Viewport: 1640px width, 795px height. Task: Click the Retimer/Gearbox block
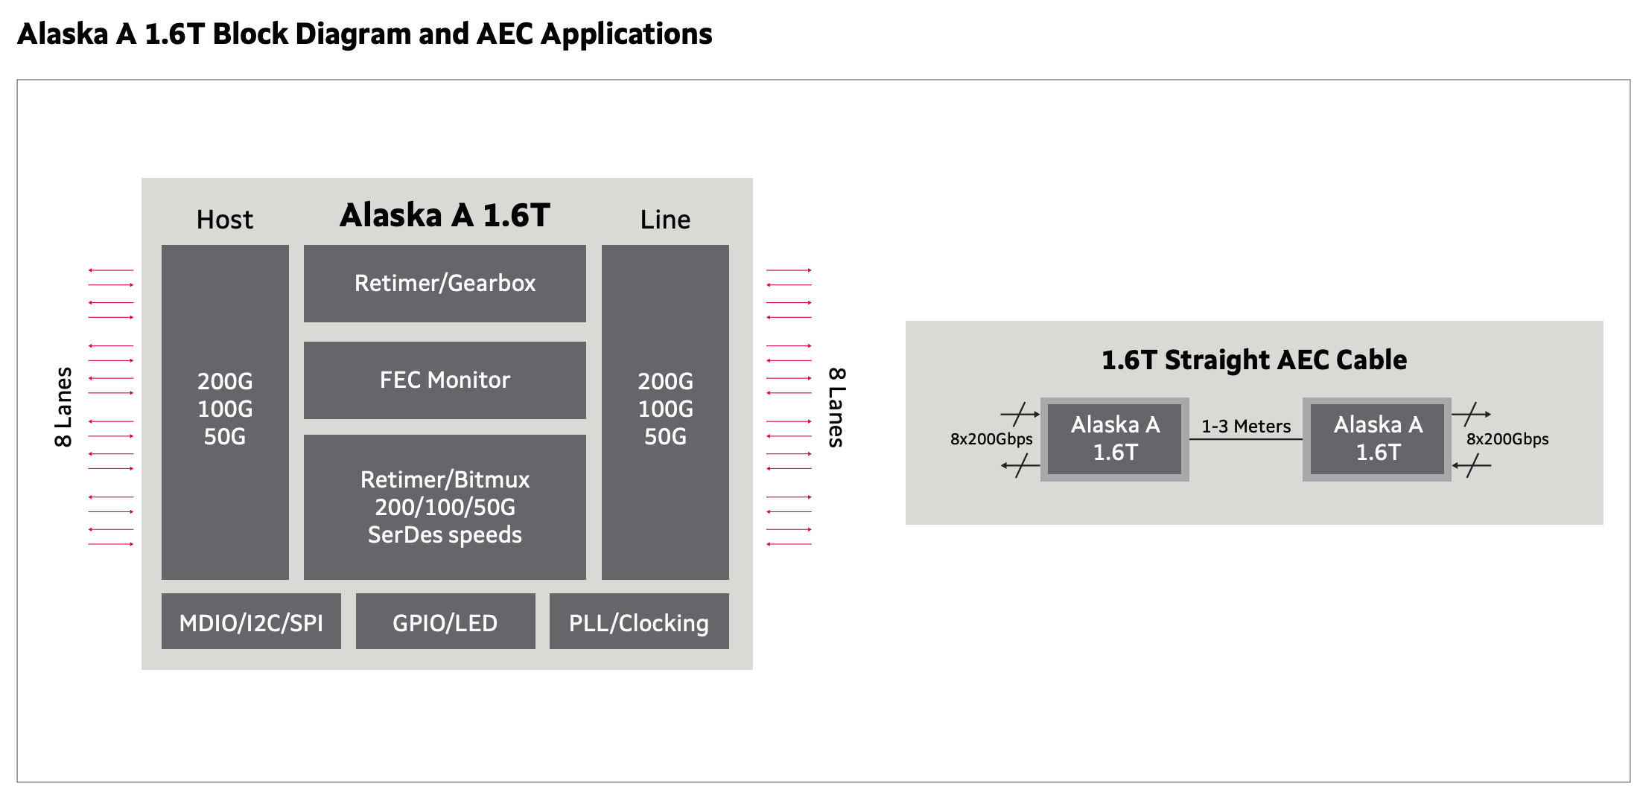coord(445,284)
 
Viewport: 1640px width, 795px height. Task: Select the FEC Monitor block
coord(445,380)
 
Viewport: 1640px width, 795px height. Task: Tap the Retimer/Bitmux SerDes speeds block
coord(445,507)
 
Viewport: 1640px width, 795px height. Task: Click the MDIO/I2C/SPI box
coord(251,622)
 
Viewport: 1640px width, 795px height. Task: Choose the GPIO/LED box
coord(445,622)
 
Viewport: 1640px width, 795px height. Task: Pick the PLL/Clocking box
coord(639,622)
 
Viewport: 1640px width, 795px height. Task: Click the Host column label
coord(225,220)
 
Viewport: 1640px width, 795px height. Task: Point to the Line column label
coord(665,220)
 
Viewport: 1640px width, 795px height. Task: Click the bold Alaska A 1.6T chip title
coord(445,215)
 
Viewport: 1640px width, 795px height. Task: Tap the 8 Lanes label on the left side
coord(64,406)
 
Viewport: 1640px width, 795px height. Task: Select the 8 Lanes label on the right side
coord(836,407)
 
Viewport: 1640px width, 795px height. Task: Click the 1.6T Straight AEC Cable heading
coord(1254,360)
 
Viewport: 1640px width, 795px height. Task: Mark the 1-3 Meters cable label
coord(1246,427)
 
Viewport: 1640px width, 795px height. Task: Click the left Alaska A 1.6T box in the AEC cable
coord(1115,439)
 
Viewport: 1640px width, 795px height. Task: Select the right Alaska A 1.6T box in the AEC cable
coord(1377,439)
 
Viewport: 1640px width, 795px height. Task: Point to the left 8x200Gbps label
coord(991,439)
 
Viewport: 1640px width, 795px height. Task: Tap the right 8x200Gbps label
coord(1507,439)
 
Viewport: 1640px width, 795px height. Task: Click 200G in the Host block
coord(225,381)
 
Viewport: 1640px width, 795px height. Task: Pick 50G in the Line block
coord(665,436)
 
